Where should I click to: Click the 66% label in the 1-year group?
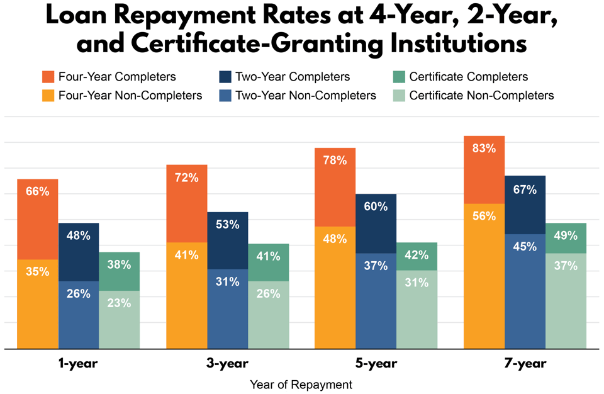coord(38,191)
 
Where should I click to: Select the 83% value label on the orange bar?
coord(484,149)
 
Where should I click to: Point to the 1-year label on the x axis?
coord(78,364)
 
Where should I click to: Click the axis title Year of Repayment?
coord(301,383)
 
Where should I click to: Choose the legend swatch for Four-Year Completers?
coord(49,77)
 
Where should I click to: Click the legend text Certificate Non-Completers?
coord(481,96)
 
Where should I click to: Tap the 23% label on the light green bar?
coord(119,303)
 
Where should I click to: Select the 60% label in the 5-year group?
coord(376,206)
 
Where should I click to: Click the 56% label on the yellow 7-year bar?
coord(484,216)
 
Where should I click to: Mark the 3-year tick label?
coord(227,364)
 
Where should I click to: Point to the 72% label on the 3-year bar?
coord(187,177)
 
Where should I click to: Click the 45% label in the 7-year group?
coord(525,246)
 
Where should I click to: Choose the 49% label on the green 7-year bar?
coord(565,236)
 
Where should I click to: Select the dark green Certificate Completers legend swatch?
coord(400,77)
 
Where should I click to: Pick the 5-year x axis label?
coord(376,364)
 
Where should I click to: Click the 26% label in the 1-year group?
coord(78,293)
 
